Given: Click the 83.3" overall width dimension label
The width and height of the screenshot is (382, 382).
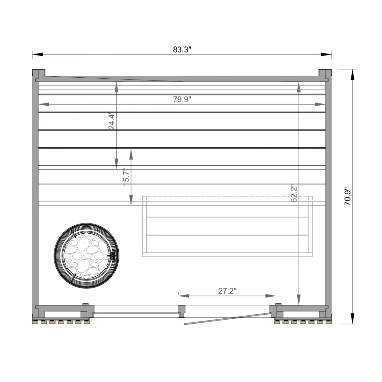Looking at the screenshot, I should [182, 50].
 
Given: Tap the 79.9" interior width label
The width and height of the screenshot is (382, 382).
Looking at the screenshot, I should [182, 99].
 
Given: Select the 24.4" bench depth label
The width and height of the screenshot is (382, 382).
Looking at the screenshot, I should [111, 121].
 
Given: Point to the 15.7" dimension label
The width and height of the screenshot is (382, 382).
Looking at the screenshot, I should [126, 178].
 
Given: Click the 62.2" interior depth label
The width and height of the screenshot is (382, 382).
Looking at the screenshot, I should [294, 194].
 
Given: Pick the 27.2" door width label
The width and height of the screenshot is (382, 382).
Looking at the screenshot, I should [227, 291].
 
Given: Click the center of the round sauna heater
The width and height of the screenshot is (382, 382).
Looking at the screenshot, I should [86, 256].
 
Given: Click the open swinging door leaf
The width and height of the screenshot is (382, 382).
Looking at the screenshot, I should [228, 319].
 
